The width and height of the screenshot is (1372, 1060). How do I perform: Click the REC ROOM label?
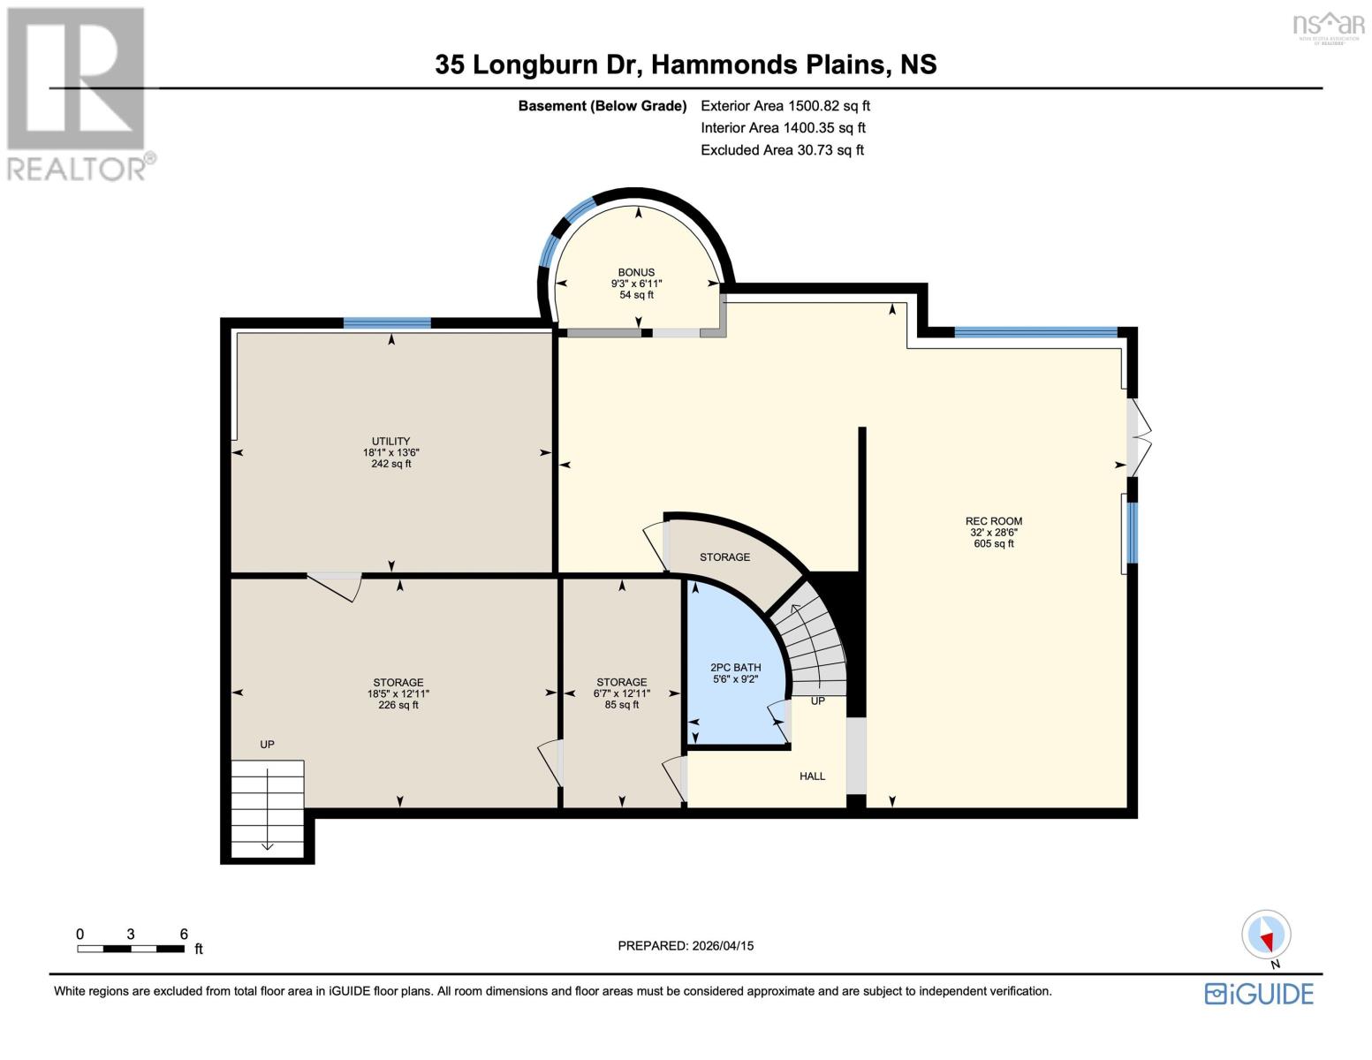coord(993,532)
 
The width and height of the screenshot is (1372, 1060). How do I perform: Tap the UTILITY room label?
coord(390,451)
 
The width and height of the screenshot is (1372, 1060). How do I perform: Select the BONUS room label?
coord(636,283)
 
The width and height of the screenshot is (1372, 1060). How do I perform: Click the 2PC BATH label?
coord(735,673)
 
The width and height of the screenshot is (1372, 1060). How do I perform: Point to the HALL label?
coord(812,776)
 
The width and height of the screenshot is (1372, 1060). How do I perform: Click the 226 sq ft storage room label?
coord(398,693)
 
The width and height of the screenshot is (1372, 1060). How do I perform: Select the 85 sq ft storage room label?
coord(621,693)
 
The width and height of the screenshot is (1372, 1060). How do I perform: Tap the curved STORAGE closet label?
coord(724,556)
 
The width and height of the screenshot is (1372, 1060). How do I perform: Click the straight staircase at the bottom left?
coord(268,807)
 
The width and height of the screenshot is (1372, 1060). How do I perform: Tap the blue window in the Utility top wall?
coord(387,323)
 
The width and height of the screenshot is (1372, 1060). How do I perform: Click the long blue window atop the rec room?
coord(1035,332)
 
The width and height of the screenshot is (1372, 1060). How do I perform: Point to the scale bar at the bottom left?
coord(131,948)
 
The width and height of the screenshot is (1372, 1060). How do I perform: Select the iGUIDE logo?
coord(1259,993)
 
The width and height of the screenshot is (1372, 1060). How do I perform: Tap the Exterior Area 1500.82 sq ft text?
coord(785,106)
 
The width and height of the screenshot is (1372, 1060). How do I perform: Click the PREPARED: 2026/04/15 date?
coord(686,945)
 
